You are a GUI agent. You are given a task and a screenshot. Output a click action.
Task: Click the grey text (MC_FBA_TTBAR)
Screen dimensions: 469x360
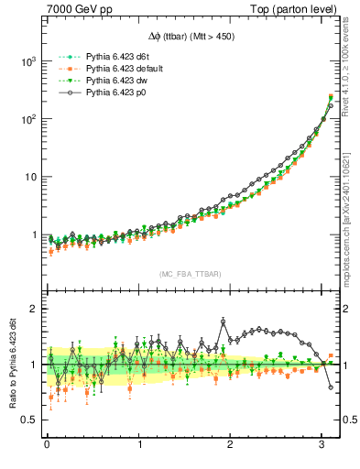click(x=189, y=273)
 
